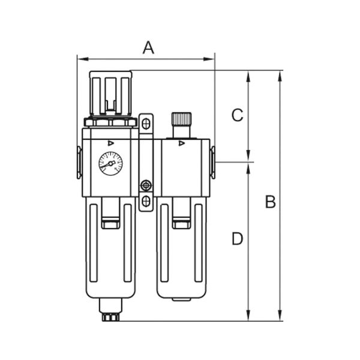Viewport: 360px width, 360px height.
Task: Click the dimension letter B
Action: pyautogui.click(x=270, y=202)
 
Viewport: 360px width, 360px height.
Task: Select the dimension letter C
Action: pyautogui.click(x=238, y=115)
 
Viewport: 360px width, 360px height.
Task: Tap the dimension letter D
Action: pyautogui.click(x=238, y=239)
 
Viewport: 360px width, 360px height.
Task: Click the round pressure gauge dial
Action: pyautogui.click(x=110, y=163)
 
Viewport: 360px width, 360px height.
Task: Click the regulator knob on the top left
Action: pyautogui.click(x=110, y=93)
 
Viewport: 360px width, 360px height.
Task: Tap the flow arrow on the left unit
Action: pyautogui.click(x=110, y=143)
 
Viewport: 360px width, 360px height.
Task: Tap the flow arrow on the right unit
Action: pyautogui.click(x=182, y=143)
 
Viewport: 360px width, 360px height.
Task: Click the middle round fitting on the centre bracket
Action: pyautogui.click(x=146, y=185)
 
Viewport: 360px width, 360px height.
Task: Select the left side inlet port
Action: pyautogui.click(x=79, y=162)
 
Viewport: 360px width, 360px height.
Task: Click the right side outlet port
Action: pyautogui.click(x=212, y=162)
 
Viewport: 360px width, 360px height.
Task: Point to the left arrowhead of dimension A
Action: pyautogui.click(x=80, y=59)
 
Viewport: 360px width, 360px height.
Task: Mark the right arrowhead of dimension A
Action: pyautogui.click(x=212, y=59)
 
